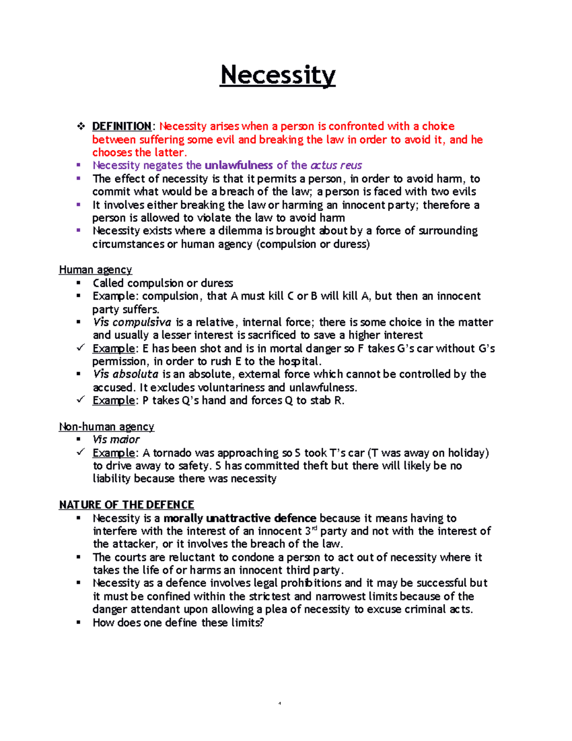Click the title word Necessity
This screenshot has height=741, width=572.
pos(277,75)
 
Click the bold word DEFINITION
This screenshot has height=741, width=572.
pos(122,126)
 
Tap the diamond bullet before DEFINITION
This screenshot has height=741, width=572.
pos(81,126)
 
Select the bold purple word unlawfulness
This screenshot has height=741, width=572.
pos(238,166)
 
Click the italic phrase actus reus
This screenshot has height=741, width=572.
pos(336,166)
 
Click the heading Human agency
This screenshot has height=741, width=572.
pos(95,270)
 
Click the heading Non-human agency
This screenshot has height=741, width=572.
pos(106,427)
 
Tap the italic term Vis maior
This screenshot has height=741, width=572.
pos(116,440)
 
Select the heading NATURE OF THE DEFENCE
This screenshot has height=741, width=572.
pos(126,505)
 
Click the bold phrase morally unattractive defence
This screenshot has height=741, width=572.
pos(240,518)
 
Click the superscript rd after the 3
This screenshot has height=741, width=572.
pos(314,528)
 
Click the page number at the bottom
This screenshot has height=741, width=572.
pos(280,703)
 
